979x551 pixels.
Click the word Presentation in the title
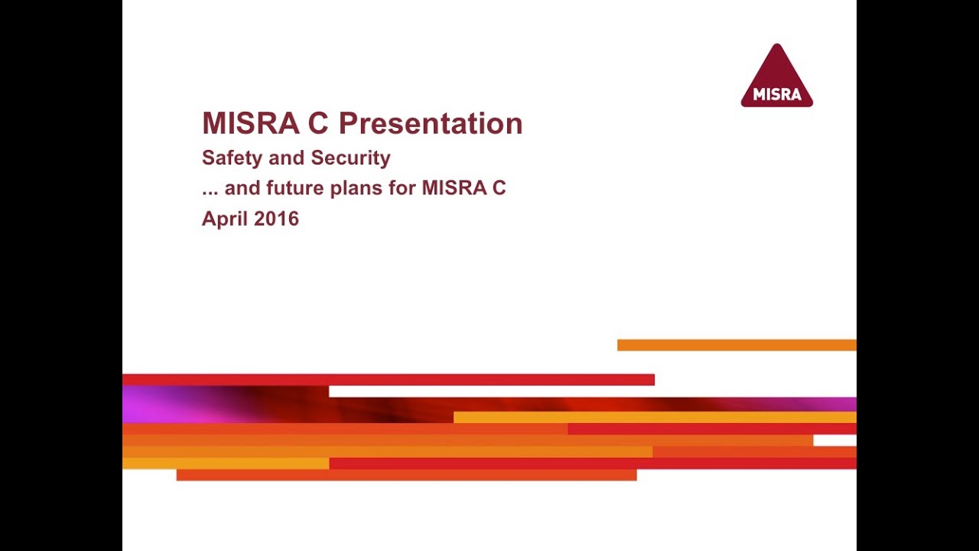coord(431,123)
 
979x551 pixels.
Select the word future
coord(293,187)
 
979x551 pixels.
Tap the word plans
coord(356,188)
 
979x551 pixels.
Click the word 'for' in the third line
coord(402,187)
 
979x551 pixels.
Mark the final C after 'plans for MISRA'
coord(499,187)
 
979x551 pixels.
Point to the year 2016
coord(277,218)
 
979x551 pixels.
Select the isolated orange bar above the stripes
coord(737,345)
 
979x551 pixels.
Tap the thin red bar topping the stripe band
coord(388,380)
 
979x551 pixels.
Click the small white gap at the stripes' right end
coord(834,440)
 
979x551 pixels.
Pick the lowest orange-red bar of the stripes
coord(406,475)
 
